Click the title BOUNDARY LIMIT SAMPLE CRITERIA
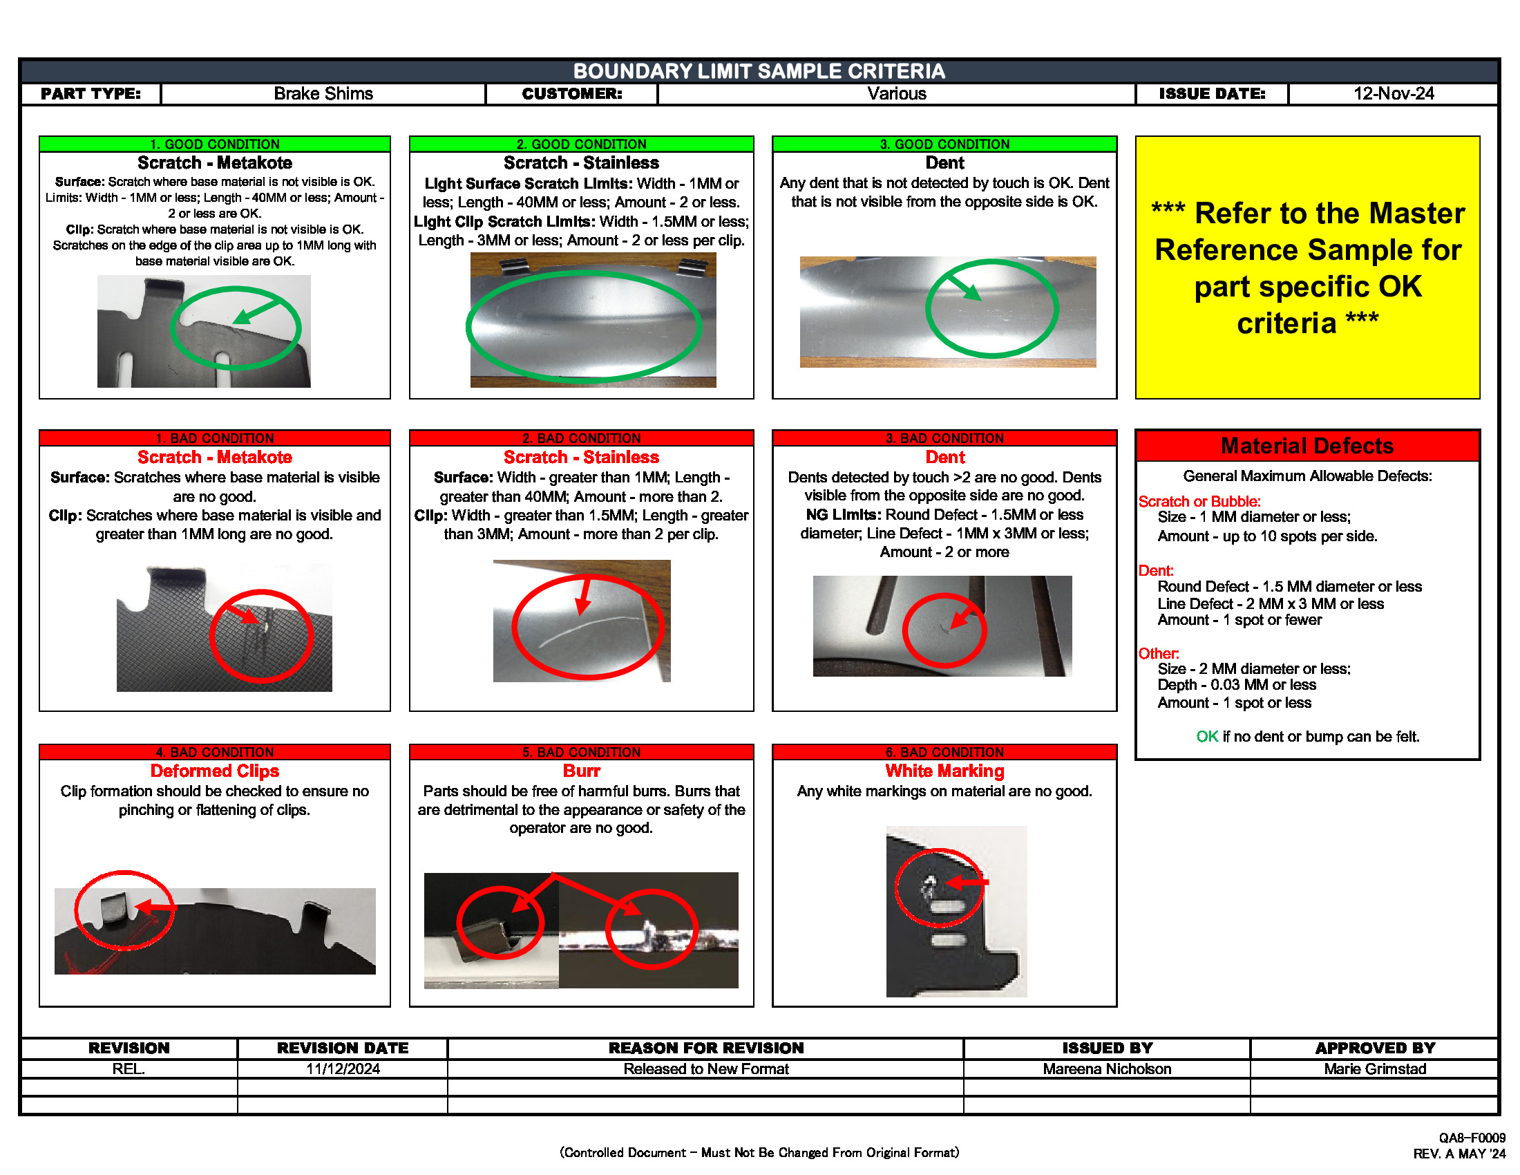(x=759, y=71)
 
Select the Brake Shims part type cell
(x=323, y=94)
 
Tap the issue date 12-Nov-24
(x=1393, y=94)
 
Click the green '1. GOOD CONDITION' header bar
(x=214, y=144)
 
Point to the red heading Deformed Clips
(x=214, y=771)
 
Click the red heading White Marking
(x=944, y=771)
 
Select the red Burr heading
(x=581, y=771)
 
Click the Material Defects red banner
(x=1307, y=446)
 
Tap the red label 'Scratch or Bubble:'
(x=1199, y=502)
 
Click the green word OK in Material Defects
(x=1207, y=737)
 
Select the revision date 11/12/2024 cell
(x=343, y=1069)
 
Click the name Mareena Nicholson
(x=1107, y=1069)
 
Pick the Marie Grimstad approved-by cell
(x=1374, y=1069)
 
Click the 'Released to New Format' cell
(x=705, y=1069)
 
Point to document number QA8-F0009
(x=1471, y=1138)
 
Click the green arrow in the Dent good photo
(x=964, y=286)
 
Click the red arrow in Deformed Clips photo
(x=155, y=907)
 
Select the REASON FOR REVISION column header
(x=705, y=1049)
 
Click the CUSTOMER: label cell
(x=571, y=94)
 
